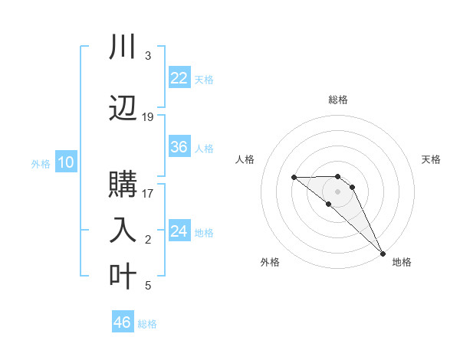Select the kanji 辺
pyautogui.click(x=123, y=106)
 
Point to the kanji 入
pyautogui.click(x=123, y=229)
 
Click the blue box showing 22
pyautogui.click(x=179, y=77)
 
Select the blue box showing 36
pyautogui.click(x=179, y=147)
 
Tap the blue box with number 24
pyautogui.click(x=179, y=231)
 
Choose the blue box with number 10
pyautogui.click(x=65, y=162)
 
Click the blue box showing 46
pyautogui.click(x=123, y=322)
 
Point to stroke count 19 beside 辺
pyautogui.click(x=148, y=117)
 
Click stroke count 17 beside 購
pyautogui.click(x=148, y=193)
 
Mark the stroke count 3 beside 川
pyautogui.click(x=147, y=56)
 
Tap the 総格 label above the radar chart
pyautogui.click(x=337, y=100)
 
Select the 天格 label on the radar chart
pyautogui.click(x=431, y=159)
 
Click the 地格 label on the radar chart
pyautogui.click(x=402, y=262)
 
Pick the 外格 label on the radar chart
pyautogui.click(x=270, y=262)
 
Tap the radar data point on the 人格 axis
pyautogui.click(x=294, y=177)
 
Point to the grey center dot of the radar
pyautogui.click(x=337, y=191)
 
